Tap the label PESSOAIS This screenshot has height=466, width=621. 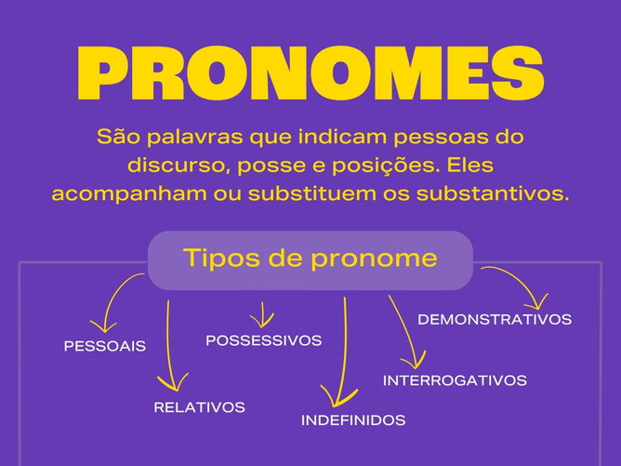click(x=105, y=346)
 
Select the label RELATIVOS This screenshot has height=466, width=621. click(x=199, y=407)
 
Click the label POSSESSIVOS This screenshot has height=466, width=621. click(x=263, y=340)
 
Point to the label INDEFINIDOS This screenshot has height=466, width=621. click(x=353, y=420)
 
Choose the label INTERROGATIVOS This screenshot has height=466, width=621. click(x=455, y=380)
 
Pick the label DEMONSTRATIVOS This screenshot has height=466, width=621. click(x=495, y=320)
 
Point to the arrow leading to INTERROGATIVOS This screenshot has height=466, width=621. click(x=405, y=335)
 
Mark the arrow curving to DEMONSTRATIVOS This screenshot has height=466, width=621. click(x=517, y=284)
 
